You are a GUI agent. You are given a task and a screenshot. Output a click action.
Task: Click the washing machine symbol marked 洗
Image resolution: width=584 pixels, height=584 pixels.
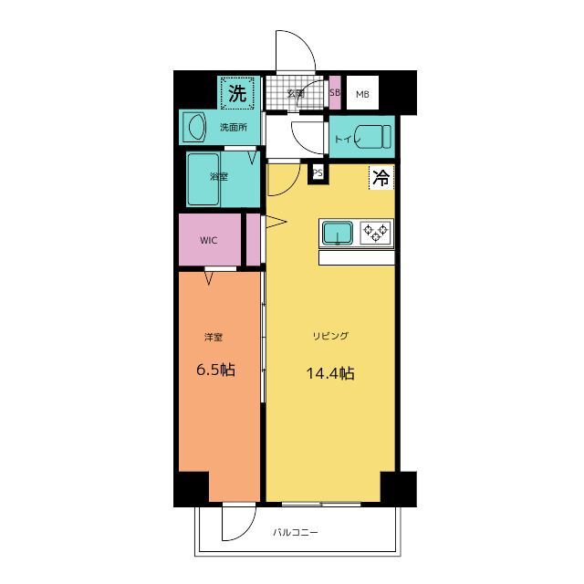point(237,93)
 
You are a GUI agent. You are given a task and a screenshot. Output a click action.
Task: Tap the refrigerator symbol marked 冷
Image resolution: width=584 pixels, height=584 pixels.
point(381,177)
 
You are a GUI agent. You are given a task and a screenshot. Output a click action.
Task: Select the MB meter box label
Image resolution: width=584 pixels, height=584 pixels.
point(362,95)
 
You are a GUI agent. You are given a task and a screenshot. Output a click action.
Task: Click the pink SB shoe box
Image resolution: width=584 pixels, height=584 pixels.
point(335,92)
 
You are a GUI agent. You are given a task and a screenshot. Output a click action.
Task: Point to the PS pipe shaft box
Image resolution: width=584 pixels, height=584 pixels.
point(318,173)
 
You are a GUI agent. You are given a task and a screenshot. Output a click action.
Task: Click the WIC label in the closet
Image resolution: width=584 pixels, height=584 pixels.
point(209,240)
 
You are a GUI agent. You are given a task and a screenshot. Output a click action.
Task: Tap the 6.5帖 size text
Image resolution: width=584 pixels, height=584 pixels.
point(215,370)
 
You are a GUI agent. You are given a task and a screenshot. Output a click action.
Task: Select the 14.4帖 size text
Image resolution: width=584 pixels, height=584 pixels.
point(330,373)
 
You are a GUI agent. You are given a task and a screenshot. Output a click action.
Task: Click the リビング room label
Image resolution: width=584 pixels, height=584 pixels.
point(330,336)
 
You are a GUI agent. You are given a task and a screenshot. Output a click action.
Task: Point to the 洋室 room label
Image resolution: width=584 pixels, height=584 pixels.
point(214,337)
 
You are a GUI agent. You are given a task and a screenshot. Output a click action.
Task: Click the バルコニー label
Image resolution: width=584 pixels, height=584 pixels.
point(296,532)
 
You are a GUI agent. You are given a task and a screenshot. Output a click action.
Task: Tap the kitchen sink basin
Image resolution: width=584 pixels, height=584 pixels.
point(338,234)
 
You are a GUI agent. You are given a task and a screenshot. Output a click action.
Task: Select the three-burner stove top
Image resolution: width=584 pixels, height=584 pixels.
point(375,233)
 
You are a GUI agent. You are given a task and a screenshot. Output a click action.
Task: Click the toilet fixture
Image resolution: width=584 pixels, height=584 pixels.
point(372,137)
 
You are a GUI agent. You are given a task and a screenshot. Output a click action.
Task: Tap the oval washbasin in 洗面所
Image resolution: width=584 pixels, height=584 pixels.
point(197,127)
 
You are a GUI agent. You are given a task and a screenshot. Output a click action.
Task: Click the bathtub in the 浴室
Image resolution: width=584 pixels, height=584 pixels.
point(203,180)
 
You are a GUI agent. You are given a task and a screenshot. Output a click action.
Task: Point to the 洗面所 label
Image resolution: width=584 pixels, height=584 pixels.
point(234,128)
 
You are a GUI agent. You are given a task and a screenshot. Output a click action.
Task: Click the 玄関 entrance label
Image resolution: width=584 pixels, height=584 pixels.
point(296,93)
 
